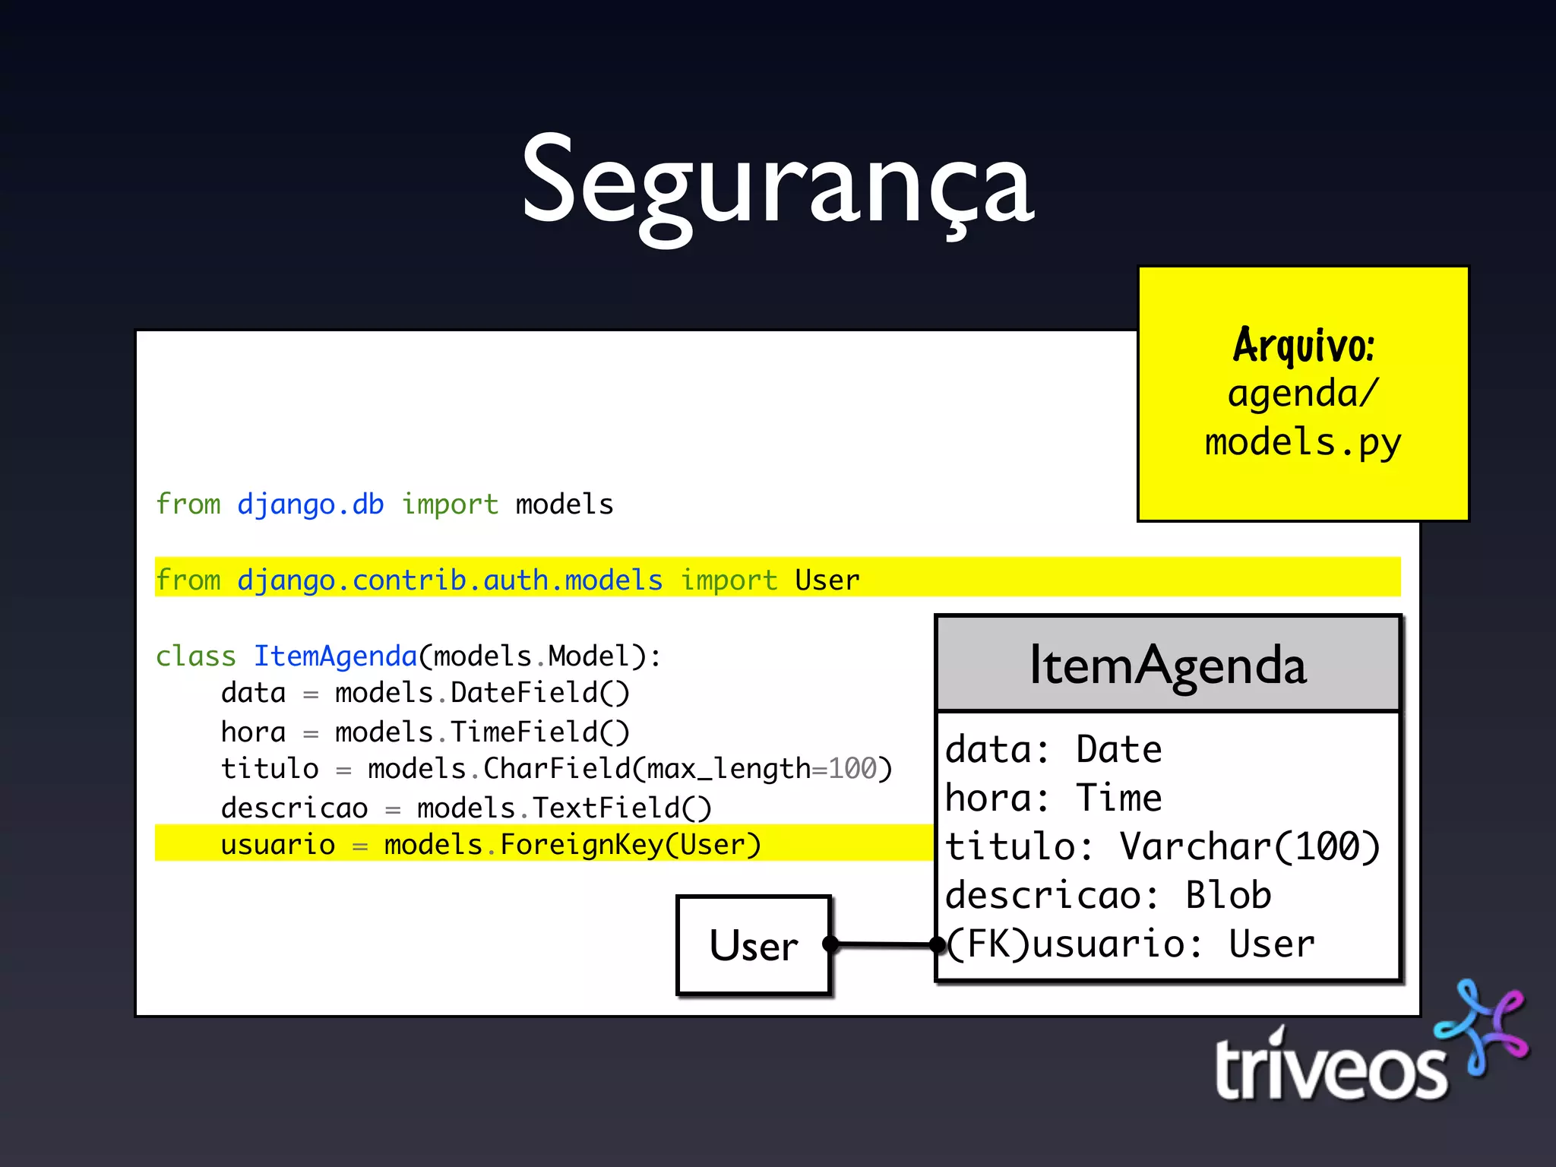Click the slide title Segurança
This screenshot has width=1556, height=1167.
click(776, 182)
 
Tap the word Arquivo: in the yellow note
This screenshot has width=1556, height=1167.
click(1303, 346)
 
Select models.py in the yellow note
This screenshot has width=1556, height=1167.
click(1303, 443)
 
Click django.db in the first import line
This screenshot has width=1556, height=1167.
click(310, 504)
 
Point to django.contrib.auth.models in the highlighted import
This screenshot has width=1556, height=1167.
click(449, 580)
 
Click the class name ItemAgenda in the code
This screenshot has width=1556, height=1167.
click(335, 656)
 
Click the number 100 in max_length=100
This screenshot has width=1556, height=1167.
click(852, 769)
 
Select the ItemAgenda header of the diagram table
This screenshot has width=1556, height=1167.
click(1167, 665)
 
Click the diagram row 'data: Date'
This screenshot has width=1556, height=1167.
click(1053, 750)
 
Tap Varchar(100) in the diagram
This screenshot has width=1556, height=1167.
click(1250, 847)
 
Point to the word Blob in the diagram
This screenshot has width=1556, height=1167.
click(1228, 896)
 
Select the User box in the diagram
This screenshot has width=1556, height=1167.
click(753, 945)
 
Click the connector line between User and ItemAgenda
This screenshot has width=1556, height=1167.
click(884, 944)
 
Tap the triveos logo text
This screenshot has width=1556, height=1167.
click(1330, 1070)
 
